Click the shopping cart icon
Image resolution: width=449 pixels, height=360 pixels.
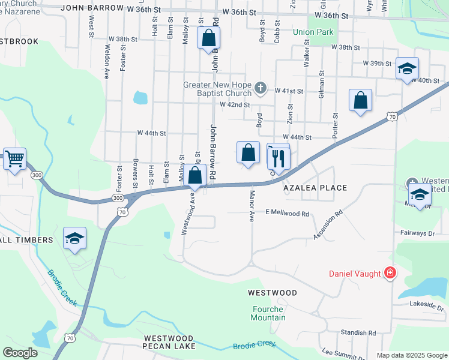coord(14,160)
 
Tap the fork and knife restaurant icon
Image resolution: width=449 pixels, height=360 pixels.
coord(278,158)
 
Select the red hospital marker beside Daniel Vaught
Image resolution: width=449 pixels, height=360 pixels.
coord(391,274)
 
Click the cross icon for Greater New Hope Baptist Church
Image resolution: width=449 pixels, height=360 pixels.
coord(260,88)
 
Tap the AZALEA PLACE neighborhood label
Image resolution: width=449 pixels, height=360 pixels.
coord(316,188)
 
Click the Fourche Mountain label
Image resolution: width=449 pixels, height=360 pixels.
coord(268,313)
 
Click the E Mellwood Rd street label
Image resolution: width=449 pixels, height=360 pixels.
coord(288,214)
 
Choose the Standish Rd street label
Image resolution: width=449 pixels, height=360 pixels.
coord(358,332)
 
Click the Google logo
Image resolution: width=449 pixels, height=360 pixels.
coord(20,353)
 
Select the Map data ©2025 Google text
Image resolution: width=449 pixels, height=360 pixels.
coord(411,355)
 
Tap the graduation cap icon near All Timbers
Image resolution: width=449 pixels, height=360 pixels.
coord(74,238)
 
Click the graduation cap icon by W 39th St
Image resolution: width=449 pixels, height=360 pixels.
coord(407,68)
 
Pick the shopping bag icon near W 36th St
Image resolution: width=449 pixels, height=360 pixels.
coord(208,38)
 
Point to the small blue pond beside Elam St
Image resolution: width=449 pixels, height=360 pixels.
coord(140,97)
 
